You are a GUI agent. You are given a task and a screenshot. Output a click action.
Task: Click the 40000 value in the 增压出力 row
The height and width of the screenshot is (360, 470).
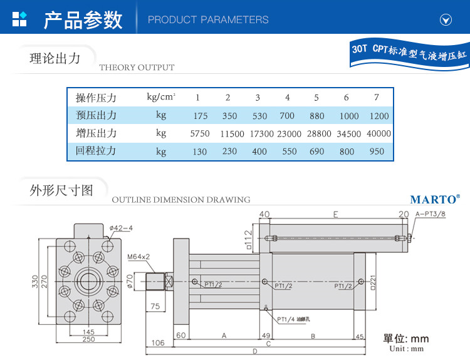[x=379, y=133]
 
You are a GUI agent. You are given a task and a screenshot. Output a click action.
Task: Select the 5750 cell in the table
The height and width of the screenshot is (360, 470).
[x=199, y=133]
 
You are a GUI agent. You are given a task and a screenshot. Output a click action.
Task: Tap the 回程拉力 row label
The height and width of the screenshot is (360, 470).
[x=96, y=151]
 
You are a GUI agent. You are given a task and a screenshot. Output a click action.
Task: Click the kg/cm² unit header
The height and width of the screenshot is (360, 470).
[x=161, y=96]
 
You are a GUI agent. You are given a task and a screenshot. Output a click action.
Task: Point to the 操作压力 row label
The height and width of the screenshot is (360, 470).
[x=96, y=98]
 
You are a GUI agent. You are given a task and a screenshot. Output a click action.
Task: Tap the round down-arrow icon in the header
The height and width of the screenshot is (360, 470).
[x=446, y=20]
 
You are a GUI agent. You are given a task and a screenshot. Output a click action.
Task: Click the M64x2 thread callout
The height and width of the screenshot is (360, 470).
[x=138, y=257]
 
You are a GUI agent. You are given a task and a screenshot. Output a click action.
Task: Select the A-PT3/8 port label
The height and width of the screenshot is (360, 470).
[x=431, y=214]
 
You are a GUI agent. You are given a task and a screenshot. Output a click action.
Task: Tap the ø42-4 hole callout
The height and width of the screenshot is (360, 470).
[x=120, y=228]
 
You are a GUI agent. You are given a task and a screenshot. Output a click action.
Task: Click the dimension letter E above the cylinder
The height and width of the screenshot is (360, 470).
[x=336, y=214]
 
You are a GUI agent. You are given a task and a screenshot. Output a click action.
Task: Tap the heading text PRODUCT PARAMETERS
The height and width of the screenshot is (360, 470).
[x=208, y=20]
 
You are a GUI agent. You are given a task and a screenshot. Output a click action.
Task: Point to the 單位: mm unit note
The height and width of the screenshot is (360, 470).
[x=406, y=339]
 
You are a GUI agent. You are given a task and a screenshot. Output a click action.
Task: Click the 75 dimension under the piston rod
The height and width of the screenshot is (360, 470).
[x=156, y=307]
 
